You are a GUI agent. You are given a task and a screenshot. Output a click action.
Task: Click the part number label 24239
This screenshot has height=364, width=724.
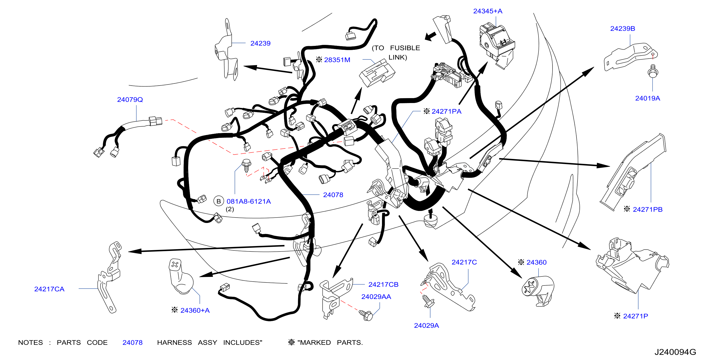click(x=260, y=43)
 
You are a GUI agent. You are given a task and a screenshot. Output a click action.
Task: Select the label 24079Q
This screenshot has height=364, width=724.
click(x=130, y=100)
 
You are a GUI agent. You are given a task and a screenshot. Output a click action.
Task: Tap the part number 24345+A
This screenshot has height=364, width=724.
click(x=488, y=11)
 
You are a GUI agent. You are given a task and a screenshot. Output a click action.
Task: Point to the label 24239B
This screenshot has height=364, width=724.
click(x=623, y=29)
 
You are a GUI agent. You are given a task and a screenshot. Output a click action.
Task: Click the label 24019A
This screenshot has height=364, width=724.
click(x=648, y=98)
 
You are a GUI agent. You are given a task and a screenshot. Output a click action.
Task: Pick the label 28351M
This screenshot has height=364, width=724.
click(x=337, y=60)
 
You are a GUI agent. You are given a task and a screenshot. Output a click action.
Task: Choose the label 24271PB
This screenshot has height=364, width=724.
click(x=648, y=209)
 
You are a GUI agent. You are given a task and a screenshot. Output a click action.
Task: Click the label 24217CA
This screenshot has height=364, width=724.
click(x=49, y=289)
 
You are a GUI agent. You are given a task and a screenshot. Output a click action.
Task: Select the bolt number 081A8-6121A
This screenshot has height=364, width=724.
click(x=248, y=201)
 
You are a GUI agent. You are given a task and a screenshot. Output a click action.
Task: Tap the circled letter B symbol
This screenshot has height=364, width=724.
click(x=219, y=201)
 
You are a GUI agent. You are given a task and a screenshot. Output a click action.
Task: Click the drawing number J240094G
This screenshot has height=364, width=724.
click(x=675, y=352)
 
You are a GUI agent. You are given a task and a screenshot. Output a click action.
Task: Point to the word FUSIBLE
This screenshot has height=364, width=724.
click(x=405, y=48)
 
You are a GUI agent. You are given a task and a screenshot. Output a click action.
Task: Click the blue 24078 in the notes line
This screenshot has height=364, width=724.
click(x=132, y=343)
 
